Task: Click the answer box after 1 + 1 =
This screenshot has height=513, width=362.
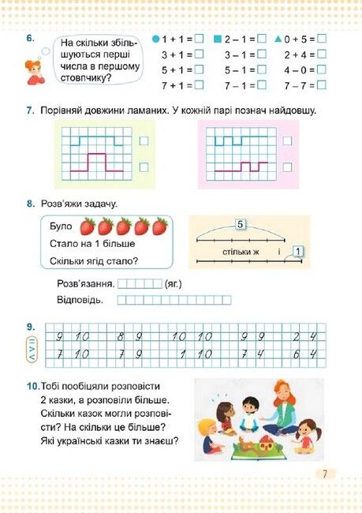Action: tap(199, 39)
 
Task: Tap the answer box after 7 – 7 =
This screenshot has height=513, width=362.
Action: tap(322, 85)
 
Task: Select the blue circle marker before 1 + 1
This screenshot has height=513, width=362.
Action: tap(155, 39)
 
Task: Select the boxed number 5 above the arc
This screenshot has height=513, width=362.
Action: tap(240, 226)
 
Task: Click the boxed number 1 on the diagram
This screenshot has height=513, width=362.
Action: tap(297, 253)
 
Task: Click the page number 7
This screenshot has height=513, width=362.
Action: tap(323, 474)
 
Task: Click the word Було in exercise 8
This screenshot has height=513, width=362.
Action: tap(60, 227)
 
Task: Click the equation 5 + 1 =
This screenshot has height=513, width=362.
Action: tap(177, 70)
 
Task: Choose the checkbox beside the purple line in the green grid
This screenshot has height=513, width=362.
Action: tap(144, 167)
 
